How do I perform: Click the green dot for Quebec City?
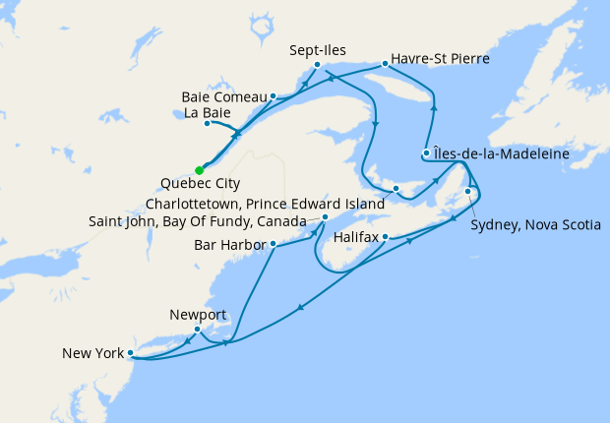(x=200, y=170)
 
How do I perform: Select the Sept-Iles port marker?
(x=317, y=65)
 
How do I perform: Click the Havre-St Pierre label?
(x=440, y=59)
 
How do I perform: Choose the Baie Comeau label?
(x=224, y=96)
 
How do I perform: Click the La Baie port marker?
(x=207, y=123)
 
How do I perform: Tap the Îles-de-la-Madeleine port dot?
(x=426, y=152)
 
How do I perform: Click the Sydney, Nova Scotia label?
(x=535, y=225)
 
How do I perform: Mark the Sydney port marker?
(x=467, y=191)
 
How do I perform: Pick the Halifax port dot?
(x=386, y=237)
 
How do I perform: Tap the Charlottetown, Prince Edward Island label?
(x=264, y=204)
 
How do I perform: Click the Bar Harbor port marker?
(x=273, y=244)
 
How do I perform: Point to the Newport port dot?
(x=198, y=329)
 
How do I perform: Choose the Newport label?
(x=198, y=315)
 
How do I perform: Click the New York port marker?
(x=130, y=352)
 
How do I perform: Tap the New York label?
(x=91, y=352)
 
